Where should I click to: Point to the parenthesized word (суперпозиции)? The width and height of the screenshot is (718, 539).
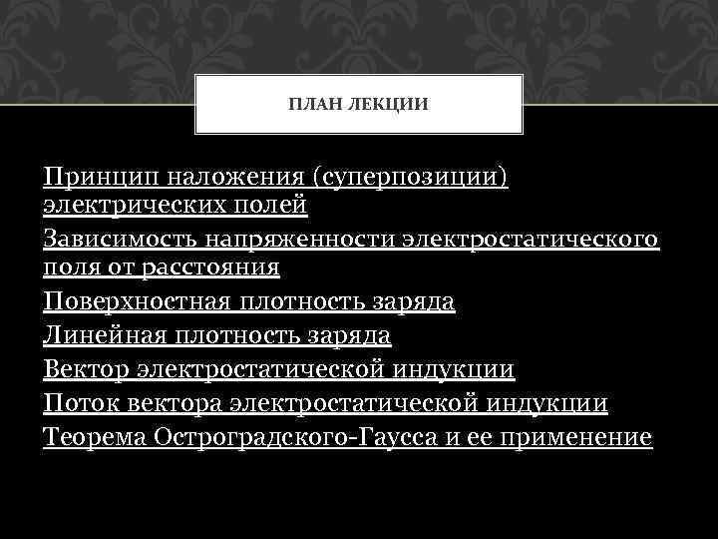411,178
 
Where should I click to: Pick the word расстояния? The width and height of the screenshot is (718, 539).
208,267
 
